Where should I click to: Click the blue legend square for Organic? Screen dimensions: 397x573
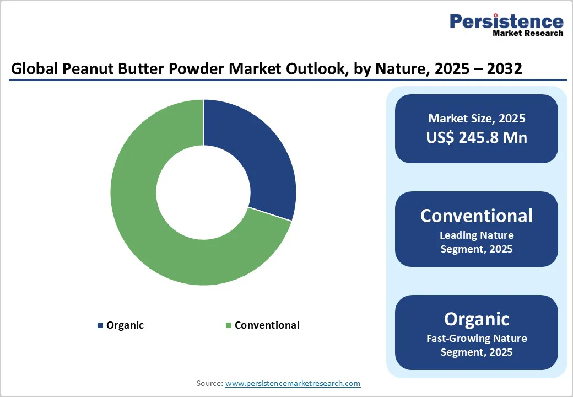point(100,325)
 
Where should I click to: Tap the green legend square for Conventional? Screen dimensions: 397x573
point(229,325)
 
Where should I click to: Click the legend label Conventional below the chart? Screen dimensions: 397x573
point(267,325)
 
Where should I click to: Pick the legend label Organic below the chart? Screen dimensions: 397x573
point(125,325)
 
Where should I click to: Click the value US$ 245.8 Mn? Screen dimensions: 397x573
point(477,137)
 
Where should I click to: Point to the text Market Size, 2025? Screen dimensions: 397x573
point(477,119)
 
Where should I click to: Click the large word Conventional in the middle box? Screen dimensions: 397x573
point(477,216)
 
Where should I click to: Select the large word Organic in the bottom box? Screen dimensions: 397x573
point(477,319)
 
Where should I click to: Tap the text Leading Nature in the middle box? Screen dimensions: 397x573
point(477,235)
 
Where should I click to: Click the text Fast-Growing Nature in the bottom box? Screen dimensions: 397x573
point(477,339)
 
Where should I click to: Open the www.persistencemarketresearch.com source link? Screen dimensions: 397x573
point(293,383)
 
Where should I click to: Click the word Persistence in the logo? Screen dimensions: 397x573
point(506,22)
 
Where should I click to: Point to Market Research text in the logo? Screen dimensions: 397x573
point(528,33)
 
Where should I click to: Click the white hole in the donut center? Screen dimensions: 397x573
point(203,192)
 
